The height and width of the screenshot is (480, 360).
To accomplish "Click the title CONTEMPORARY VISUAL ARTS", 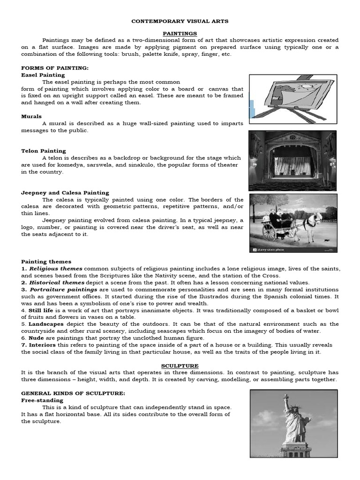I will click(x=180, y=22).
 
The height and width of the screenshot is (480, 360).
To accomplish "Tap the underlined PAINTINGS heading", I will click(x=180, y=34).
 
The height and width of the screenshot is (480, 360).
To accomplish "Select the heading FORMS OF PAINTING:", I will click(x=55, y=68).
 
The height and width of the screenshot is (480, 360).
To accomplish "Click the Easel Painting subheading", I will click(x=43, y=75).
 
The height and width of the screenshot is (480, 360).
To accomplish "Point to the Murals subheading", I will click(x=31, y=116).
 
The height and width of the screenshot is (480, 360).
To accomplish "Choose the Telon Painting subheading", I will click(x=44, y=151).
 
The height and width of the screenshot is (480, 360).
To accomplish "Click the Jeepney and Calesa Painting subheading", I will click(x=65, y=193).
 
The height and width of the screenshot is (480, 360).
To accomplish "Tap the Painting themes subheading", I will click(x=46, y=262).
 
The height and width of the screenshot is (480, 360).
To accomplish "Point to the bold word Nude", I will click(x=37, y=338).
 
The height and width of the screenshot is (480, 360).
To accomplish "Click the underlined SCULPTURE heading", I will click(x=180, y=366).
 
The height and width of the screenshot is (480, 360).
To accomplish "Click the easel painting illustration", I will click(x=292, y=99).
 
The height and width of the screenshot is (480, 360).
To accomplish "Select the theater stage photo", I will click(x=292, y=160).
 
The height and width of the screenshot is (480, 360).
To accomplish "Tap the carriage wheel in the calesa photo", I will click(x=270, y=232).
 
